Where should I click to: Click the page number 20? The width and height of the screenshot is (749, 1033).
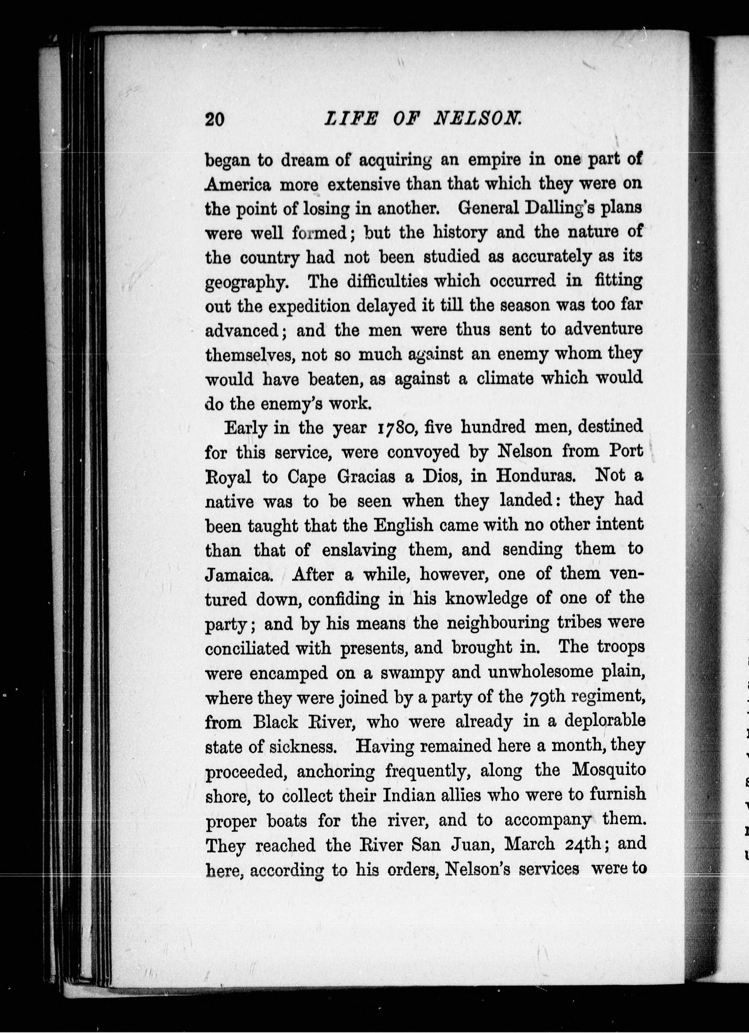215,119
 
